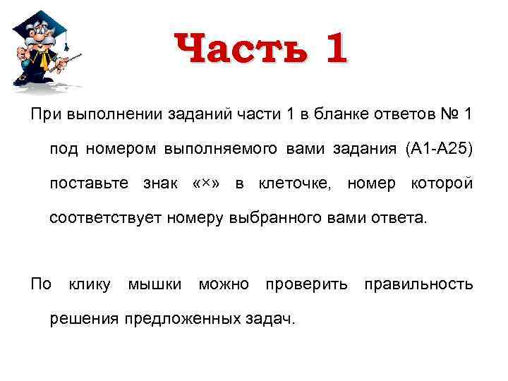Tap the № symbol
[x=447, y=114]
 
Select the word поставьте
[x=89, y=183]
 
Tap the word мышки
[x=154, y=284]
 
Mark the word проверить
[x=306, y=284]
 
